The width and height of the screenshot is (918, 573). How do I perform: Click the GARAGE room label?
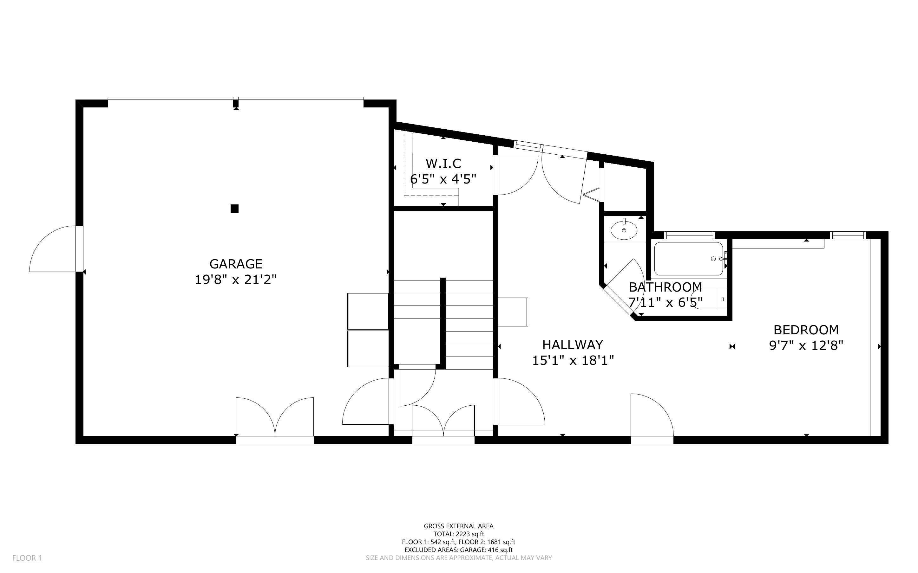(x=236, y=264)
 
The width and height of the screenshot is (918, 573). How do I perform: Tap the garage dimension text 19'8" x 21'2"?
(x=235, y=280)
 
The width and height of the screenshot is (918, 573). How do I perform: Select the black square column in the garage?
(x=234, y=209)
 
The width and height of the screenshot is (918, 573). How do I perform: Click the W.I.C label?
(x=443, y=163)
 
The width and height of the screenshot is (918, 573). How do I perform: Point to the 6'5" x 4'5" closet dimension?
(x=443, y=179)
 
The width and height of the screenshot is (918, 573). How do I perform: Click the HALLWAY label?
(x=573, y=344)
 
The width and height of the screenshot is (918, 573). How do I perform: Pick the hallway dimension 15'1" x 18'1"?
(x=573, y=360)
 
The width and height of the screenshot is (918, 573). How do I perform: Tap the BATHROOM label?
(x=666, y=287)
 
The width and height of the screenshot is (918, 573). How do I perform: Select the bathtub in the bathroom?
(x=689, y=259)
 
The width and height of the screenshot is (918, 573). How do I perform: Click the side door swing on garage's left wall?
(x=53, y=248)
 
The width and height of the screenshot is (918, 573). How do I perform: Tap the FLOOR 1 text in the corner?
(x=27, y=558)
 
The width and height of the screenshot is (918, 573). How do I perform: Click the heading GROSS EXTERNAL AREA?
(x=458, y=526)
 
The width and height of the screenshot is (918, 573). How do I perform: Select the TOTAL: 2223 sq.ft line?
(x=459, y=534)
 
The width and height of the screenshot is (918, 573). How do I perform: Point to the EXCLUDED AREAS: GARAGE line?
(x=458, y=550)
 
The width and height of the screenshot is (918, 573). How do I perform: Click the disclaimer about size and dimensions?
(x=458, y=558)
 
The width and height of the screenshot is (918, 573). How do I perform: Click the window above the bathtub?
(x=690, y=235)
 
